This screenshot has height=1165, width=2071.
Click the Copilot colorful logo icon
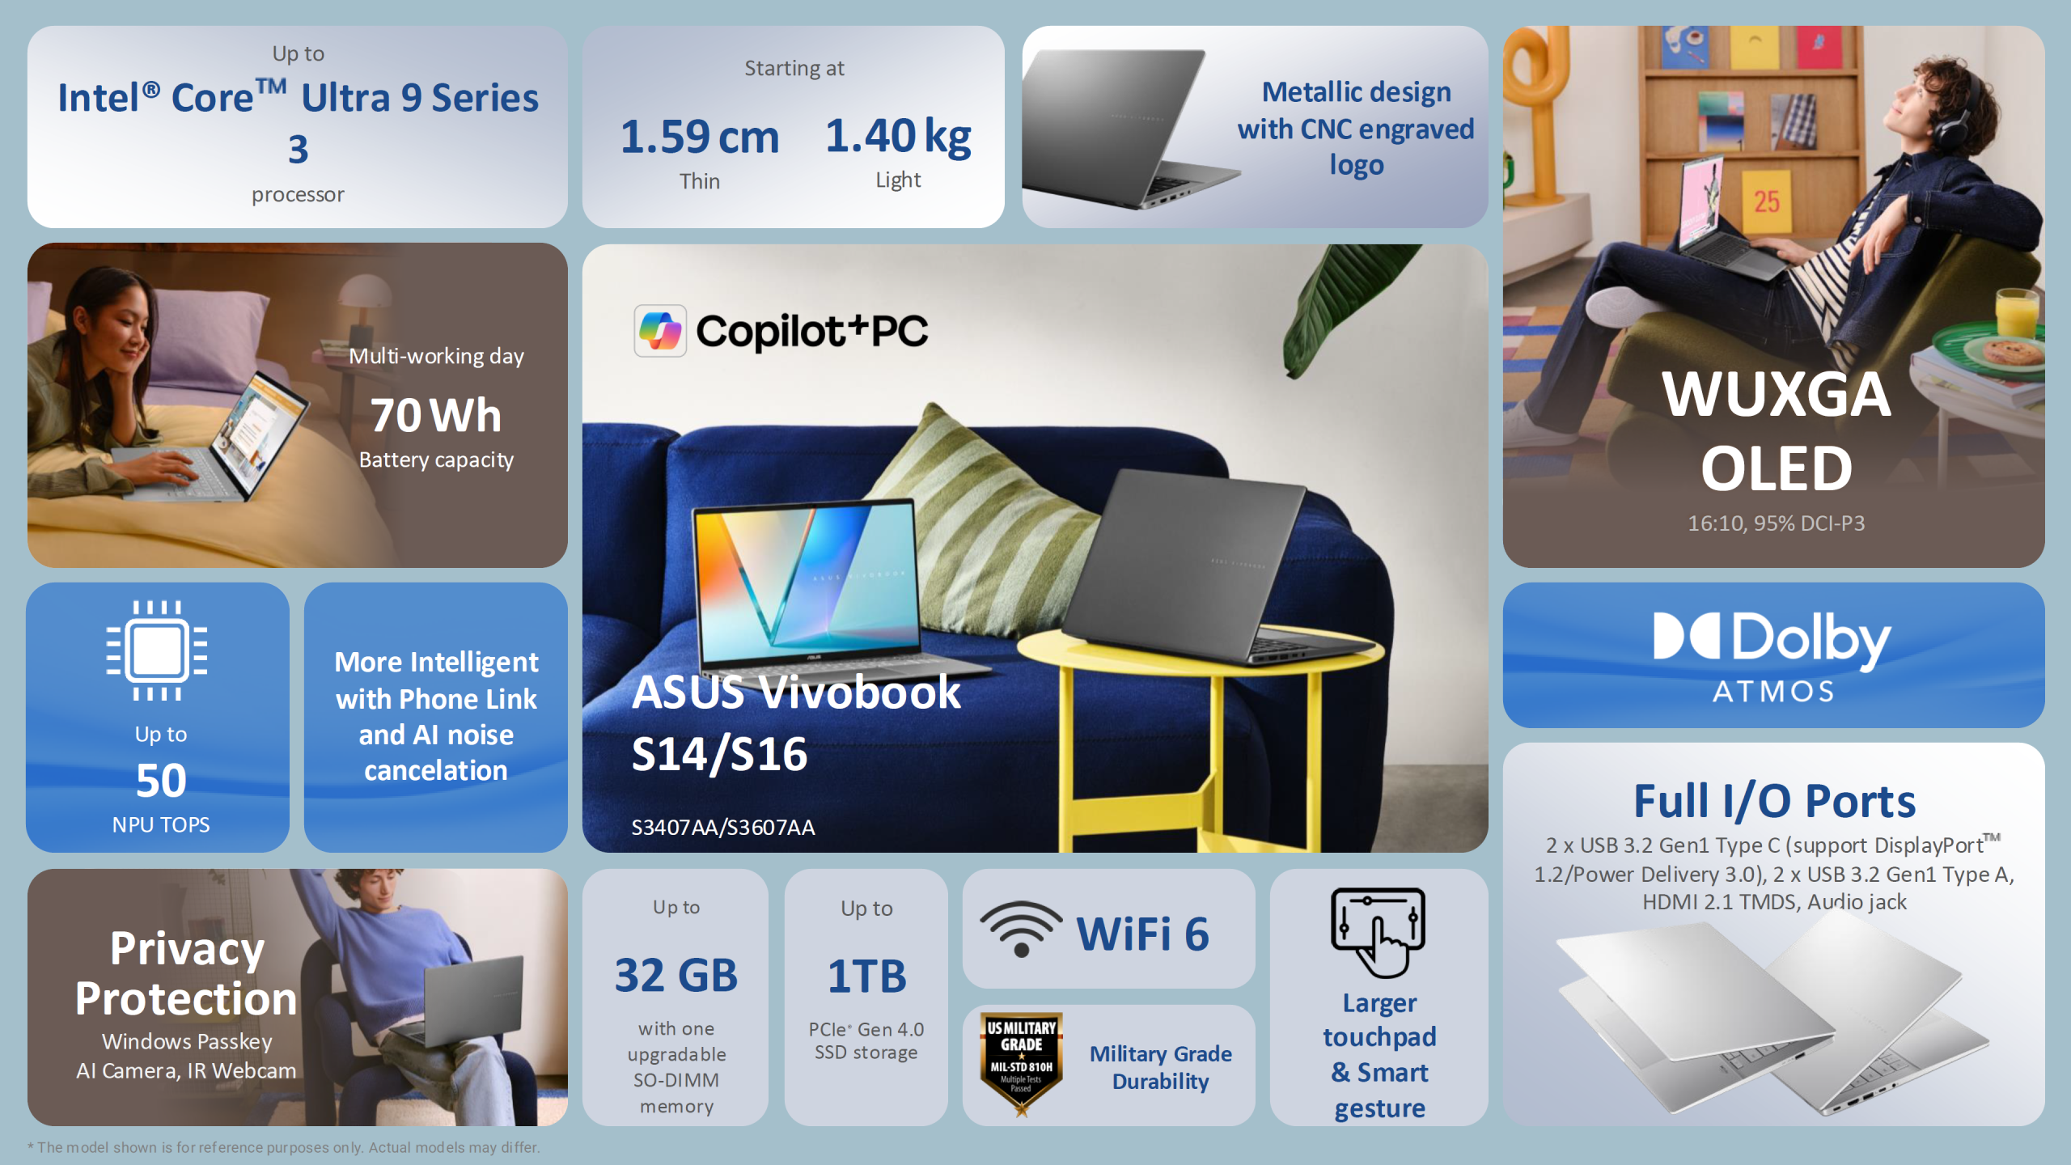click(x=660, y=331)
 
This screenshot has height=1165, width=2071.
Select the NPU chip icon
click(x=157, y=650)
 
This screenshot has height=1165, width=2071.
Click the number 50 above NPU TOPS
click(x=161, y=781)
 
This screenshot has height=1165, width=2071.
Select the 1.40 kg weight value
click(x=898, y=136)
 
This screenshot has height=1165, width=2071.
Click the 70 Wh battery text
click(x=436, y=415)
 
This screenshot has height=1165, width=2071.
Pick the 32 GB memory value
click(x=676, y=975)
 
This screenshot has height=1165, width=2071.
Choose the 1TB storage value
click(x=866, y=976)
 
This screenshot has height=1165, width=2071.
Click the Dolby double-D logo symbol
click(x=1686, y=636)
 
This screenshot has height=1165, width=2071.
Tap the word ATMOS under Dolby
click(x=1773, y=692)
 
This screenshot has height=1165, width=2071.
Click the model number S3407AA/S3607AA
click(x=722, y=827)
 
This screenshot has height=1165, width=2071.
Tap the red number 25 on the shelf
click(x=1766, y=201)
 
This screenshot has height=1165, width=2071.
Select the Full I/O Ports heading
click(x=1774, y=801)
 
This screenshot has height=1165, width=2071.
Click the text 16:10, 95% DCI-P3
click(x=1776, y=523)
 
